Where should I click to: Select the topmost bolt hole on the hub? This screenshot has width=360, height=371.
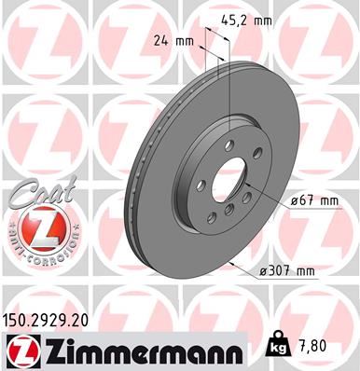point(228,145)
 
